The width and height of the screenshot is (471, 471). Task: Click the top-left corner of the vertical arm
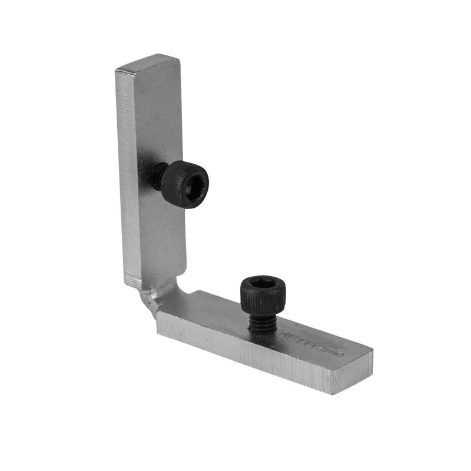coord(116,70)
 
